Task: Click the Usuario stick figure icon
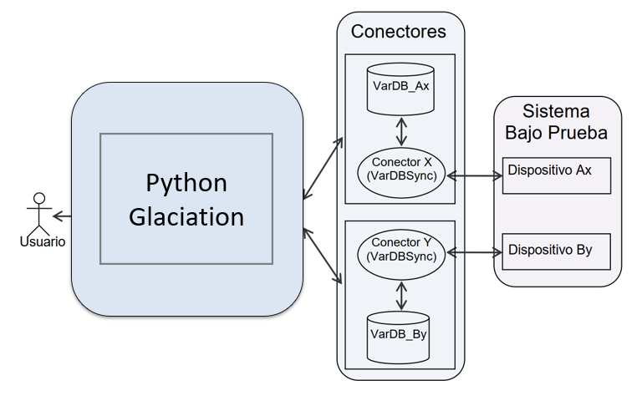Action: (x=38, y=214)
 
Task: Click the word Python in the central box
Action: (x=186, y=182)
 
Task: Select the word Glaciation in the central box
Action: (x=186, y=216)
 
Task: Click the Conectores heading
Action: (x=399, y=32)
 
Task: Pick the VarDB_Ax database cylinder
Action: (x=400, y=86)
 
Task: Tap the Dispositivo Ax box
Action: (x=557, y=174)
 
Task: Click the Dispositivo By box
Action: (x=557, y=250)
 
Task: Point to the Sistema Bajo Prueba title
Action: (x=556, y=121)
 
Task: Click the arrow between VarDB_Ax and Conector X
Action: (x=401, y=130)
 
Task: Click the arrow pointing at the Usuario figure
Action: (x=62, y=216)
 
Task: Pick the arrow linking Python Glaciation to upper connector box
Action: (x=324, y=168)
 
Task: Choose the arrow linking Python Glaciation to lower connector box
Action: (x=324, y=255)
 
